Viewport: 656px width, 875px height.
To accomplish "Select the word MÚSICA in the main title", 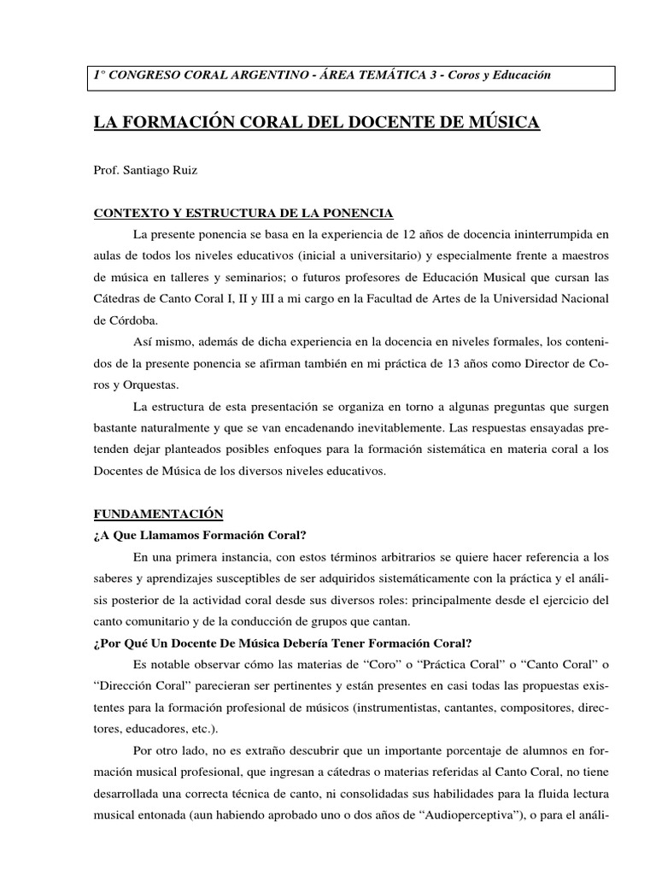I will pyautogui.click(x=501, y=123).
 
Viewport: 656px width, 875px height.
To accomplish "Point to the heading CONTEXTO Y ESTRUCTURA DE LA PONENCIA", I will pyautogui.click(x=243, y=213).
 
